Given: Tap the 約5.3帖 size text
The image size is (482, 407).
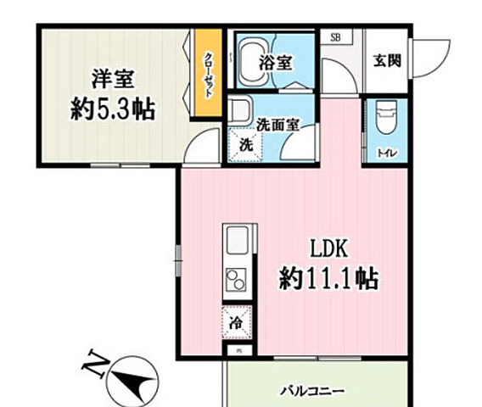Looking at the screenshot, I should coord(113,109).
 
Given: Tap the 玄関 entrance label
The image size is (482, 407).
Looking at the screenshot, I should coord(385,60).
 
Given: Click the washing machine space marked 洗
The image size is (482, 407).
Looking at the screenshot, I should coord(244,144).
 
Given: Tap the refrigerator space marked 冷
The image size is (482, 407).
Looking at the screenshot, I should coord(237,321).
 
